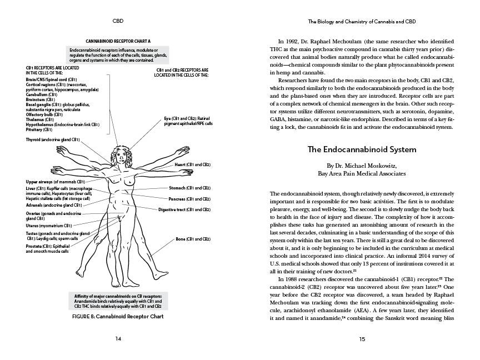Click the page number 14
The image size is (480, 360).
tap(117, 338)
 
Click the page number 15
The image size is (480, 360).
tap(362, 338)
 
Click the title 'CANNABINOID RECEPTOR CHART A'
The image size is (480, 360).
tap(117, 41)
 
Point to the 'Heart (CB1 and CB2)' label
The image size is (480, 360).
tap(193, 165)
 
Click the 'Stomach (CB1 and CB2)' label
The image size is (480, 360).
tap(189, 188)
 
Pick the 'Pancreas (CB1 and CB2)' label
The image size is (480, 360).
tap(189, 198)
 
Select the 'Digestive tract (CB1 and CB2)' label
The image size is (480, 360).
tap(184, 209)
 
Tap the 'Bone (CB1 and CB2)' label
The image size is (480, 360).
tap(193, 239)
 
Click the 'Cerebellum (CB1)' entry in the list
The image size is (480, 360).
tap(41, 95)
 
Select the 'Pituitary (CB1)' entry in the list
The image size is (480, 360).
tap(39, 129)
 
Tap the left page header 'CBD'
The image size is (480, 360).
tap(117, 22)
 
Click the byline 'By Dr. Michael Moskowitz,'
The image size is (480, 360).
tap(362, 166)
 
